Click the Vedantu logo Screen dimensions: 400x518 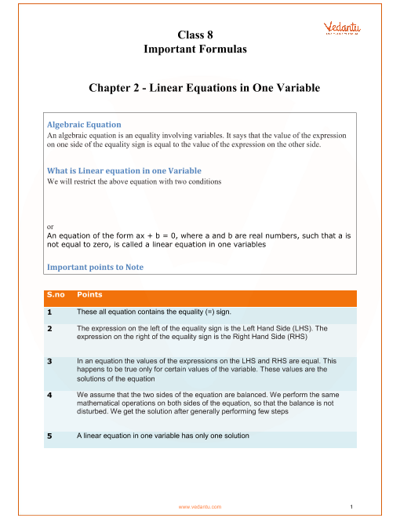(x=342, y=28)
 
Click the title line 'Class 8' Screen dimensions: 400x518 (x=195, y=35)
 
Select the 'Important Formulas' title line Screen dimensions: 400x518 (x=195, y=49)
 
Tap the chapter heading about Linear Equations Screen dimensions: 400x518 (x=204, y=88)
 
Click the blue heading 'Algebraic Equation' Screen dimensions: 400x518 (x=84, y=125)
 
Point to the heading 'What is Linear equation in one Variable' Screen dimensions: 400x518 (x=124, y=170)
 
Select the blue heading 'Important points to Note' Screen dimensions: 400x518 (x=95, y=267)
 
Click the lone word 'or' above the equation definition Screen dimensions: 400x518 (x=50, y=227)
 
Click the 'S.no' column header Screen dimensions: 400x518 (x=56, y=294)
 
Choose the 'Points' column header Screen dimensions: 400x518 (x=89, y=294)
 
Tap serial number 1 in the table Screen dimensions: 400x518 (x=49, y=312)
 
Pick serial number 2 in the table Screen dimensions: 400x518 (x=49, y=328)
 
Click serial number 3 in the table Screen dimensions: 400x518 (x=49, y=361)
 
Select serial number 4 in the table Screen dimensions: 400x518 (x=49, y=395)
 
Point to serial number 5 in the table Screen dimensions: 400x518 (x=49, y=436)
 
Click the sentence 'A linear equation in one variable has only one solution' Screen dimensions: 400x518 (x=163, y=436)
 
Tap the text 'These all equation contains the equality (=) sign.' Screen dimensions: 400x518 (x=155, y=312)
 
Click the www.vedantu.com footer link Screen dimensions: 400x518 (x=200, y=507)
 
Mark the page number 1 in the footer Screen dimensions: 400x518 (x=351, y=507)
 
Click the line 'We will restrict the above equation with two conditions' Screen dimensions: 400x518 (x=134, y=181)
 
